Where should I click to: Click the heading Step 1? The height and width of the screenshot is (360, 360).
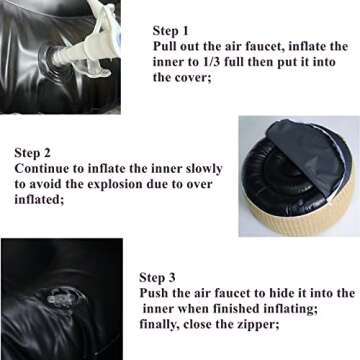pyautogui.click(x=170, y=31)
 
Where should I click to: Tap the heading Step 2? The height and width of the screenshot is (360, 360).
pyautogui.click(x=32, y=153)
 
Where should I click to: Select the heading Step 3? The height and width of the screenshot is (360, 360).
pyautogui.click(x=157, y=277)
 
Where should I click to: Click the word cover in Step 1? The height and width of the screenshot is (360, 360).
pyautogui.click(x=191, y=78)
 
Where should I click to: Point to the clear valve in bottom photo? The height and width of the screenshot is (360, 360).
pyautogui.click(x=59, y=299)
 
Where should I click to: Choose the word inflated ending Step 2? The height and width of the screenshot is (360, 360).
pyautogui.click(x=39, y=200)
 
